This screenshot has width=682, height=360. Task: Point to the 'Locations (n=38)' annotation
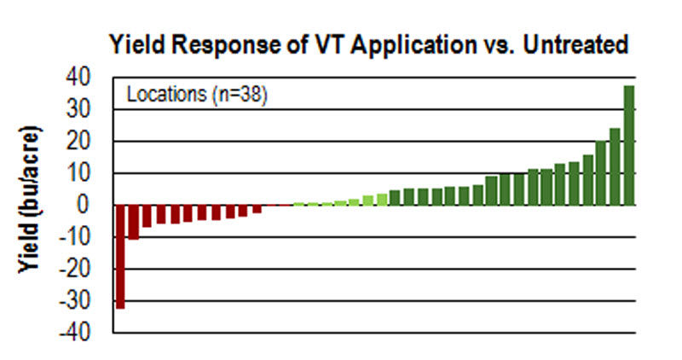tap(198, 94)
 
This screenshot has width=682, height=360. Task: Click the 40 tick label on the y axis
tap(77, 78)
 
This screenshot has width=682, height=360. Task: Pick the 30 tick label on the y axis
tap(77, 109)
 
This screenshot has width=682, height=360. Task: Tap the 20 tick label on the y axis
tap(77, 141)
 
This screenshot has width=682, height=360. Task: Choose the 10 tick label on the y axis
tap(77, 173)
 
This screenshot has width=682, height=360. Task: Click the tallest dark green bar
tap(629, 145)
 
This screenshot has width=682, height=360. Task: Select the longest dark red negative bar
tap(120, 256)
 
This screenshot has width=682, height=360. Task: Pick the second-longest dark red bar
tap(134, 222)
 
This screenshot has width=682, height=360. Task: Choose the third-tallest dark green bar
tap(601, 173)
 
